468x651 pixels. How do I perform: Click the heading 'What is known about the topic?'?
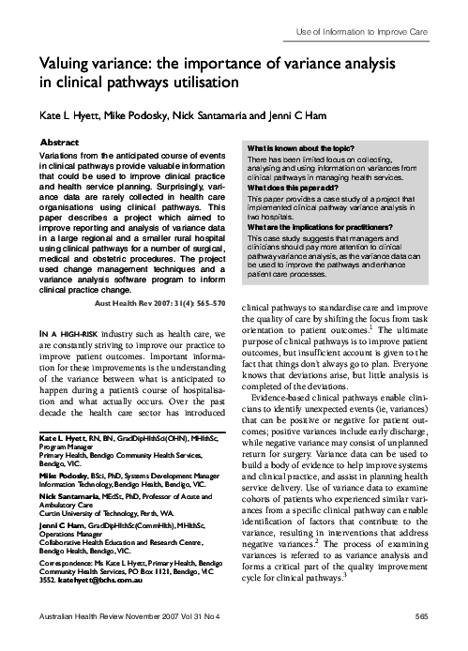(x=291, y=149)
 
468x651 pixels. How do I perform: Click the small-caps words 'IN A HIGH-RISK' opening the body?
(x=71, y=309)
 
